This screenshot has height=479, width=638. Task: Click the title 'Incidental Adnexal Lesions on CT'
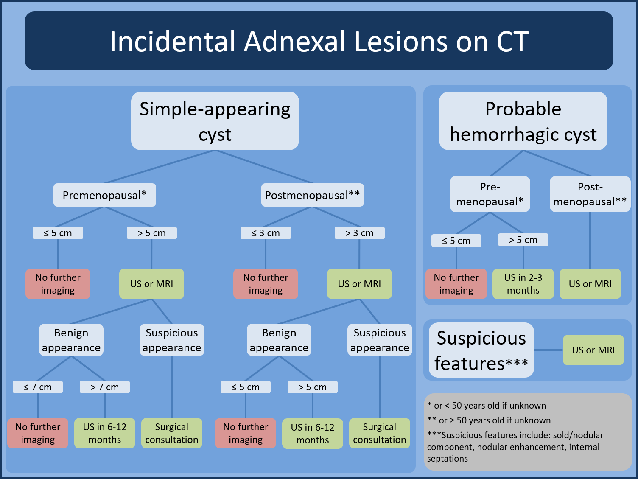click(x=319, y=41)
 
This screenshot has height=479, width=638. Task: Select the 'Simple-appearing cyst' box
click(x=215, y=121)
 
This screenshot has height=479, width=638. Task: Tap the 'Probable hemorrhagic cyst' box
click(x=523, y=121)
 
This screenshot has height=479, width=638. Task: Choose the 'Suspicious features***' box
click(x=481, y=350)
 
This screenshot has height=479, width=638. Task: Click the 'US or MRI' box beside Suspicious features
click(x=593, y=350)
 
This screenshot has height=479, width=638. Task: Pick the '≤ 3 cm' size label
click(x=266, y=233)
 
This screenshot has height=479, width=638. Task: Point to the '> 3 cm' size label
click(x=359, y=233)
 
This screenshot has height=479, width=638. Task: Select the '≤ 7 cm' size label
click(x=38, y=387)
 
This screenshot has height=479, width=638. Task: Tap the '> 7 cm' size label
click(x=105, y=387)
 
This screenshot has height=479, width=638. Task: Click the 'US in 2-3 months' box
click(x=523, y=284)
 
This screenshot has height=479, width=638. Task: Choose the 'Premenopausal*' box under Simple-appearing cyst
click(x=104, y=195)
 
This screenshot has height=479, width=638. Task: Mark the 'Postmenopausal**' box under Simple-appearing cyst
click(x=312, y=195)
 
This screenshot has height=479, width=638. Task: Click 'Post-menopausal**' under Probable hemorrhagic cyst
click(x=590, y=194)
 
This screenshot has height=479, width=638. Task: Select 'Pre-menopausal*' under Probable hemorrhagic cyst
click(x=490, y=194)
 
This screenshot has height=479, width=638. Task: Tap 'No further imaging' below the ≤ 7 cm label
click(x=38, y=433)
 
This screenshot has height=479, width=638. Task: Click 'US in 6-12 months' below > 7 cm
click(x=105, y=433)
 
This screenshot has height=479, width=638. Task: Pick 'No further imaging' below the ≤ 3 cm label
click(x=266, y=284)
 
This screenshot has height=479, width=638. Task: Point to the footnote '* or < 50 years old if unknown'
click(x=487, y=406)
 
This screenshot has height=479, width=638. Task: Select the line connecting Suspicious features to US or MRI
click(x=548, y=350)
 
